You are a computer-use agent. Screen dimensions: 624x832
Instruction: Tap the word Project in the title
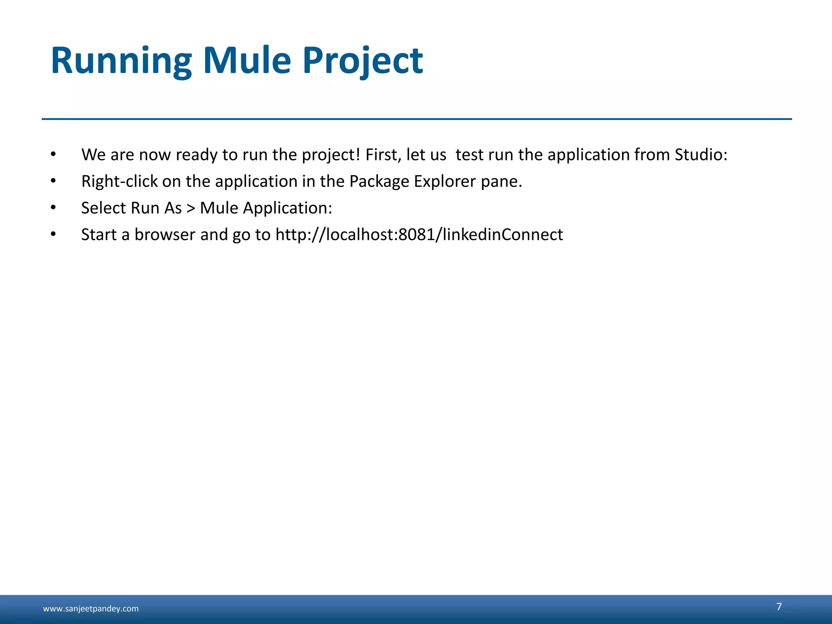coord(362,61)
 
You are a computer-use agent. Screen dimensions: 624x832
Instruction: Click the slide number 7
coord(779,607)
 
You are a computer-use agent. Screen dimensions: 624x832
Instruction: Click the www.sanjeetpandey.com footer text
coord(91,609)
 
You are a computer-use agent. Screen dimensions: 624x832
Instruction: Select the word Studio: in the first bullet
coord(701,155)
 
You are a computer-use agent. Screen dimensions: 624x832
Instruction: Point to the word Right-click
coord(119,182)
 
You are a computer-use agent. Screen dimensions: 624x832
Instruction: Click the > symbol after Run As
coord(191,208)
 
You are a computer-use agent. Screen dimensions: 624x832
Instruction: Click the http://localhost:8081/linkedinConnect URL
coord(419,235)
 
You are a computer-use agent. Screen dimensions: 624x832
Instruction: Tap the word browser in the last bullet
coord(165,235)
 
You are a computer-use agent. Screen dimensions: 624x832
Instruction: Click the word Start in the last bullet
coord(99,235)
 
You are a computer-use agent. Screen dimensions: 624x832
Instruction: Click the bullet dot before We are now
coord(53,155)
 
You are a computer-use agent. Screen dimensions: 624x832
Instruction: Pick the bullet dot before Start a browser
coord(53,235)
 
